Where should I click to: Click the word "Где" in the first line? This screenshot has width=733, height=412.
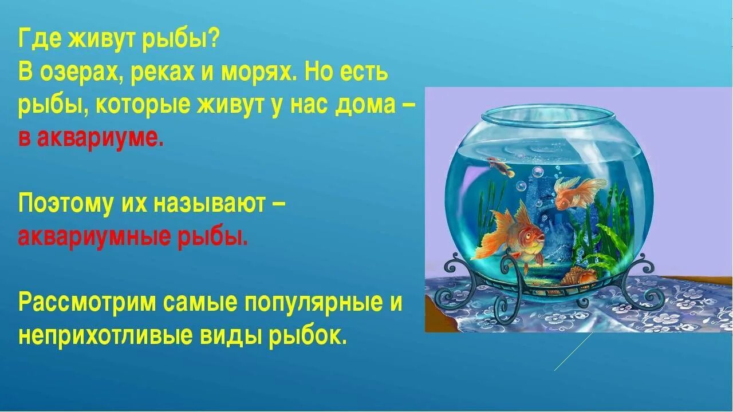point(39,40)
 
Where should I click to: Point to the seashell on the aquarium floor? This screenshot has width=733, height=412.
point(574,278)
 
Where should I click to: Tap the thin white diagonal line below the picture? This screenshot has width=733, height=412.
point(573,352)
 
